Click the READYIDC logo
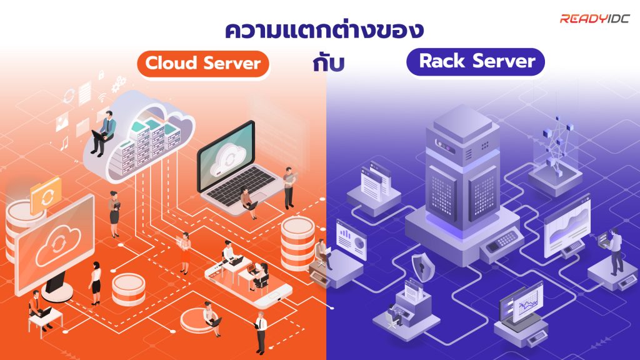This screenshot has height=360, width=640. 597,19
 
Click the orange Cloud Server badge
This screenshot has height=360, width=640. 203,63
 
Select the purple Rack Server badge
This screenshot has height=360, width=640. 477,61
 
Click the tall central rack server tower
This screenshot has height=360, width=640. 462,169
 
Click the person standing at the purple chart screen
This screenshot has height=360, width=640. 616,251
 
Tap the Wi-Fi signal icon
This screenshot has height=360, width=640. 102,96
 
